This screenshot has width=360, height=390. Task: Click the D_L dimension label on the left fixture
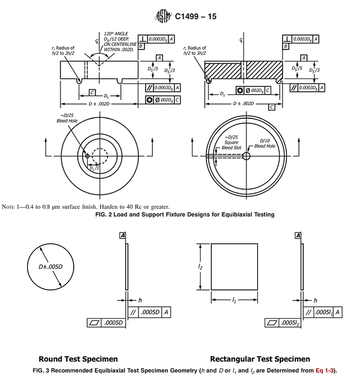(x=106, y=95)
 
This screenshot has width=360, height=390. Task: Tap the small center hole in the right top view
(x=247, y=156)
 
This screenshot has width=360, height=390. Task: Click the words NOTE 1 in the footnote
(x=12, y=208)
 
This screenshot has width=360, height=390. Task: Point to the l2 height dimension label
(x=198, y=266)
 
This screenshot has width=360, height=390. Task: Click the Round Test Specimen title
(x=78, y=359)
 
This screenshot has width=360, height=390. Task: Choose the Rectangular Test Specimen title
(x=260, y=359)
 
